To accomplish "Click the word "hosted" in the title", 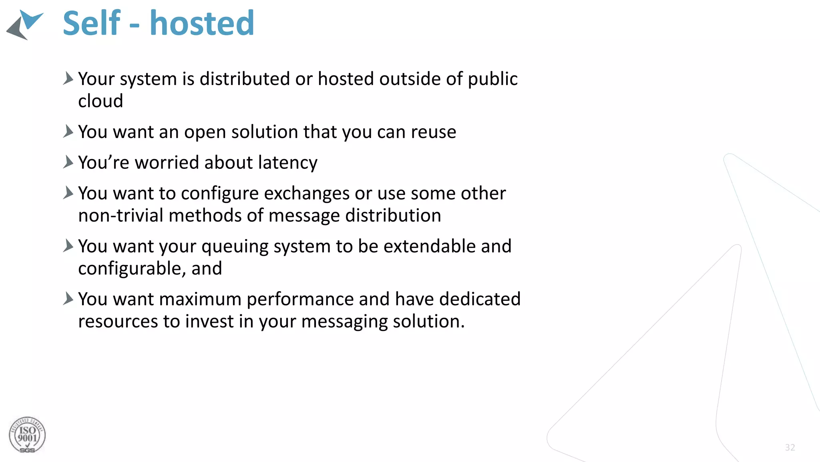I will pyautogui.click(x=202, y=23).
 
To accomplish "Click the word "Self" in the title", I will pyautogui.click(x=91, y=23).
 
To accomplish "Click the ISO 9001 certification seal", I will pyautogui.click(x=27, y=435).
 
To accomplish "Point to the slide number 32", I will pyautogui.click(x=790, y=448).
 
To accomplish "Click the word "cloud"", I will pyautogui.click(x=100, y=101).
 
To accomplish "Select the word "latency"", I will pyautogui.click(x=288, y=162).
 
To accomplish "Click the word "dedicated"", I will pyautogui.click(x=480, y=299).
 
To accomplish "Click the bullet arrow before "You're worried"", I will pyautogui.click(x=68, y=162).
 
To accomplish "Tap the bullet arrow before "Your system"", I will pyautogui.click(x=68, y=78).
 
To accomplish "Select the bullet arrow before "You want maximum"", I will pyautogui.click(x=68, y=299).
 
